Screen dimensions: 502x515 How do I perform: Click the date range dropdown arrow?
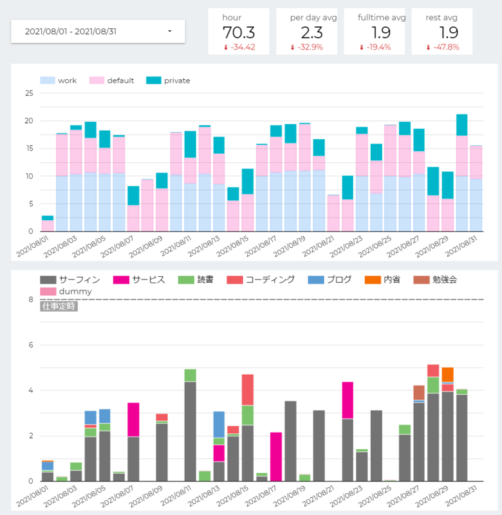pos(170,31)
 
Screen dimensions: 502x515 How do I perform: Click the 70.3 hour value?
pos(239,33)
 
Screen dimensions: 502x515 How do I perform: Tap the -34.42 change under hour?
pos(239,47)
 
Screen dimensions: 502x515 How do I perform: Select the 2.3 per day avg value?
pos(312,33)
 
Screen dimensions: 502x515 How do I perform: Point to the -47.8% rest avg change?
pos(443,47)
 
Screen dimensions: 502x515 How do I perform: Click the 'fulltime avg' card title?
pos(382,18)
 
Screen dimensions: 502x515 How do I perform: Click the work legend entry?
pos(58,80)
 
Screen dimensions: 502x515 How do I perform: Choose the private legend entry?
pos(168,80)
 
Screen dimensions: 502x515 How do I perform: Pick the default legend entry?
pos(111,80)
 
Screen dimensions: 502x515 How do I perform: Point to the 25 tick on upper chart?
pos(29,93)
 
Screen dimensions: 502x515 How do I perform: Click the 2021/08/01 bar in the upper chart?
pos(48,223)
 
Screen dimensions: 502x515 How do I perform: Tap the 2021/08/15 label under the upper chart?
pos(232,247)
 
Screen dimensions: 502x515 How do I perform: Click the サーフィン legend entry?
pos(70,280)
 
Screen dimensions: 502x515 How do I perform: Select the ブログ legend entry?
pos(330,280)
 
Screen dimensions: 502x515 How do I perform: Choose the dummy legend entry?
pos(66,292)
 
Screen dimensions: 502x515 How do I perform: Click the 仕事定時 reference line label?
pos(59,306)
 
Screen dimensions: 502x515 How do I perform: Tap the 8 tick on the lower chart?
pos(31,299)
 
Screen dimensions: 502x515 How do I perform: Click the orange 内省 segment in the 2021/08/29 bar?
pos(447,375)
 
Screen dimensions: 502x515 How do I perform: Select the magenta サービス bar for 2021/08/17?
pos(276,457)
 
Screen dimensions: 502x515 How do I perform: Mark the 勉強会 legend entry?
pos(435,280)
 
